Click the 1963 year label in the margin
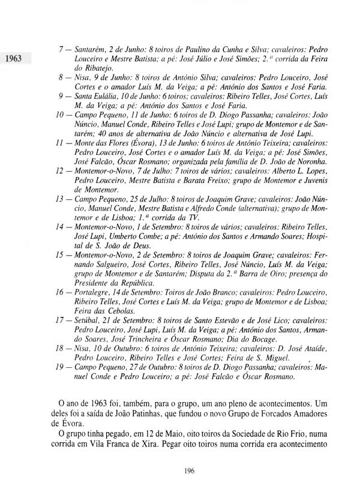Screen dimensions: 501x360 (x=13, y=58)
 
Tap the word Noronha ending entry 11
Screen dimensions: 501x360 (x=309, y=162)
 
